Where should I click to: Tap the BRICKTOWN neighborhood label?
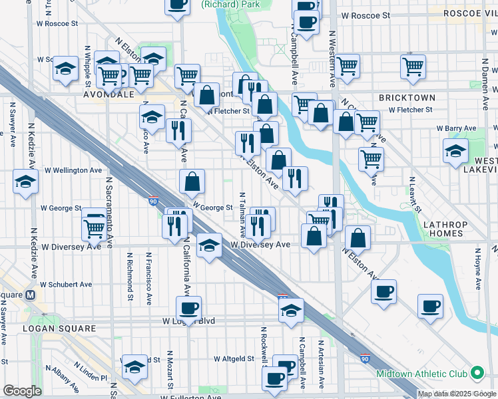tap(407, 98)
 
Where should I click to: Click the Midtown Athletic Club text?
tap(421, 374)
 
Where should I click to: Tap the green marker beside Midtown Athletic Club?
tap(477, 374)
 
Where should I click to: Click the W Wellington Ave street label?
tap(73, 170)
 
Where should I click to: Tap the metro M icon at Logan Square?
tap(29, 295)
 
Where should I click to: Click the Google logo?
tap(22, 391)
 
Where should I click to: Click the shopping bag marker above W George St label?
tap(192, 182)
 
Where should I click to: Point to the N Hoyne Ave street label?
tap(477, 269)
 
